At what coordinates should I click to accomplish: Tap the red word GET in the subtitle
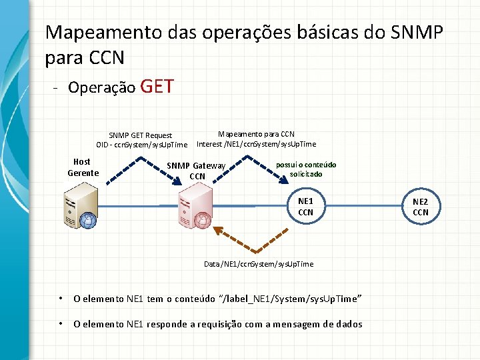tap(158, 86)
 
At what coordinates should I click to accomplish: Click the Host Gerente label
tap(83, 167)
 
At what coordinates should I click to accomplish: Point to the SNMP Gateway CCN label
tap(197, 171)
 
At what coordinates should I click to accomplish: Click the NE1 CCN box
tap(305, 207)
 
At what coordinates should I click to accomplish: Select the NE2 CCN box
tap(421, 207)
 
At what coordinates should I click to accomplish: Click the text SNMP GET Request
tap(141, 135)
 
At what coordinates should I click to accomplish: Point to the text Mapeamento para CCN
tap(256, 134)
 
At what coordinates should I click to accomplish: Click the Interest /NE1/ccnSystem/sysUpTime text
tap(256, 144)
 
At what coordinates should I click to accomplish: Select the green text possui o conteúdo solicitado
tap(306, 169)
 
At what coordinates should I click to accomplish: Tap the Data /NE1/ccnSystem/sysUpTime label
tap(258, 265)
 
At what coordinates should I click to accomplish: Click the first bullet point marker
tap(60, 299)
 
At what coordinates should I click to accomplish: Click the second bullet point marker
tap(60, 324)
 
